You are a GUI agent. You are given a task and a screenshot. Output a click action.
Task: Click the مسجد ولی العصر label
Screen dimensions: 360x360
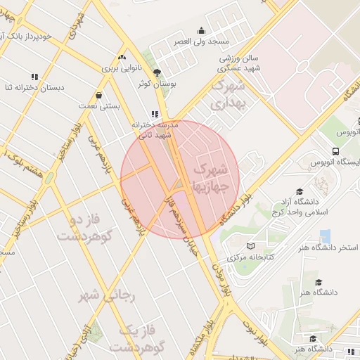tap(202, 41)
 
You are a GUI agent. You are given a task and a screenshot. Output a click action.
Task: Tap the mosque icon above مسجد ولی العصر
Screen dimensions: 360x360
tap(202, 30)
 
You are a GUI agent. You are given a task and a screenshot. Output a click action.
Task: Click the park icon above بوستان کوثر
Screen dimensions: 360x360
tap(157, 72)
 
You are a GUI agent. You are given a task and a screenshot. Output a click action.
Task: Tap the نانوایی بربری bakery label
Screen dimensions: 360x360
tap(122, 68)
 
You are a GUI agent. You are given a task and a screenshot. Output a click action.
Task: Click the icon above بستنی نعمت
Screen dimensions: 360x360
tap(98, 95)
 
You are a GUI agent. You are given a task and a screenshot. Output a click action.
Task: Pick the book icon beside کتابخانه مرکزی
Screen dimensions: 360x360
tap(250, 246)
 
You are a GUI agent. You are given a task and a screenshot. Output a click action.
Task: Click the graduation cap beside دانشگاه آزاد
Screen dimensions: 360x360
tap(300, 192)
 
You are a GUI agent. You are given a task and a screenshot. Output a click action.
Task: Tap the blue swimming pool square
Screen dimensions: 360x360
tap(325, 236)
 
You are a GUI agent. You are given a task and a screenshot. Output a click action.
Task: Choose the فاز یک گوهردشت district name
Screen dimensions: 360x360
tap(141, 338)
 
